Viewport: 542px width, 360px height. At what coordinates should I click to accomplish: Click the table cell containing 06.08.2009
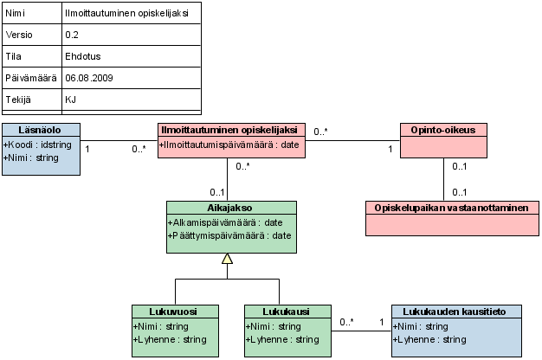tap(132, 78)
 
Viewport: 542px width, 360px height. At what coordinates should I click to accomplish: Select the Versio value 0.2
tap(72, 35)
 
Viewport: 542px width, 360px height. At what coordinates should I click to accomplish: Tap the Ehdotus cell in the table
tap(132, 56)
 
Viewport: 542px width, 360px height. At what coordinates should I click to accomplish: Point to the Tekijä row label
tap(18, 100)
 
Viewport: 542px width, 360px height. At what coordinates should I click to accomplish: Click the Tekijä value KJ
tap(70, 100)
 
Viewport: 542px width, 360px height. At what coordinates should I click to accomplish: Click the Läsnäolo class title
tap(40, 130)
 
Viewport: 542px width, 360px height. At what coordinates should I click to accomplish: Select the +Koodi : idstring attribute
tap(37, 145)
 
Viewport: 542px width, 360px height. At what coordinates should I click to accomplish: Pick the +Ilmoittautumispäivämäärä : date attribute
tap(229, 145)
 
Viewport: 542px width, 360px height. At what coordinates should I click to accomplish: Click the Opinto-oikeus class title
tap(443, 130)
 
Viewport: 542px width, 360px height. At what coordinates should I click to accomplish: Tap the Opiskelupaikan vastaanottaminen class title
tap(451, 208)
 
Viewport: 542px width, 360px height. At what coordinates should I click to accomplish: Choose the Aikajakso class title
tap(229, 208)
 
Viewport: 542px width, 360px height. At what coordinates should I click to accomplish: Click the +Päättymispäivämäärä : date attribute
tap(229, 235)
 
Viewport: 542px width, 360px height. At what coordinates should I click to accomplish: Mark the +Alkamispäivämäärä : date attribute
tap(225, 223)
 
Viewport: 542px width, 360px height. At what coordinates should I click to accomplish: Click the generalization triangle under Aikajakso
tap(227, 259)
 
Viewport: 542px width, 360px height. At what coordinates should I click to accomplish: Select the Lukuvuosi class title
tap(173, 312)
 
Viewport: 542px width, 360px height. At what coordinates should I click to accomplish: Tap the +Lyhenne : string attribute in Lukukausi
tap(282, 339)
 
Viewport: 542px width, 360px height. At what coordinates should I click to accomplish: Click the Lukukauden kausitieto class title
tap(455, 312)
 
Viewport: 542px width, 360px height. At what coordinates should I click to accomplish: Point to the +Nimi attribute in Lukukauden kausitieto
tap(420, 326)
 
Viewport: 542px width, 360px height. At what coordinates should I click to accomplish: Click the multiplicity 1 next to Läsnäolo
tap(87, 149)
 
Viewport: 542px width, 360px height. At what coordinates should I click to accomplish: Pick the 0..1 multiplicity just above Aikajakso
tap(217, 192)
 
